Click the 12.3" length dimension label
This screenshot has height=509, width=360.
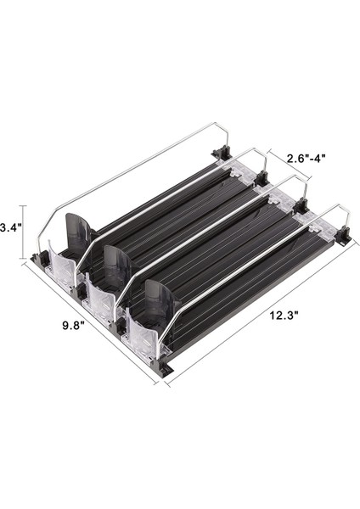284,315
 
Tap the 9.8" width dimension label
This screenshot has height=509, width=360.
73,325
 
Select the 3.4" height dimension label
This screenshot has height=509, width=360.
11,228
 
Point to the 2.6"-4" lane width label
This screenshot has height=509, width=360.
306,159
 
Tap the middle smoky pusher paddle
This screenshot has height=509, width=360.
118,265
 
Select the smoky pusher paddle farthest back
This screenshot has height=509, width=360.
78,231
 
